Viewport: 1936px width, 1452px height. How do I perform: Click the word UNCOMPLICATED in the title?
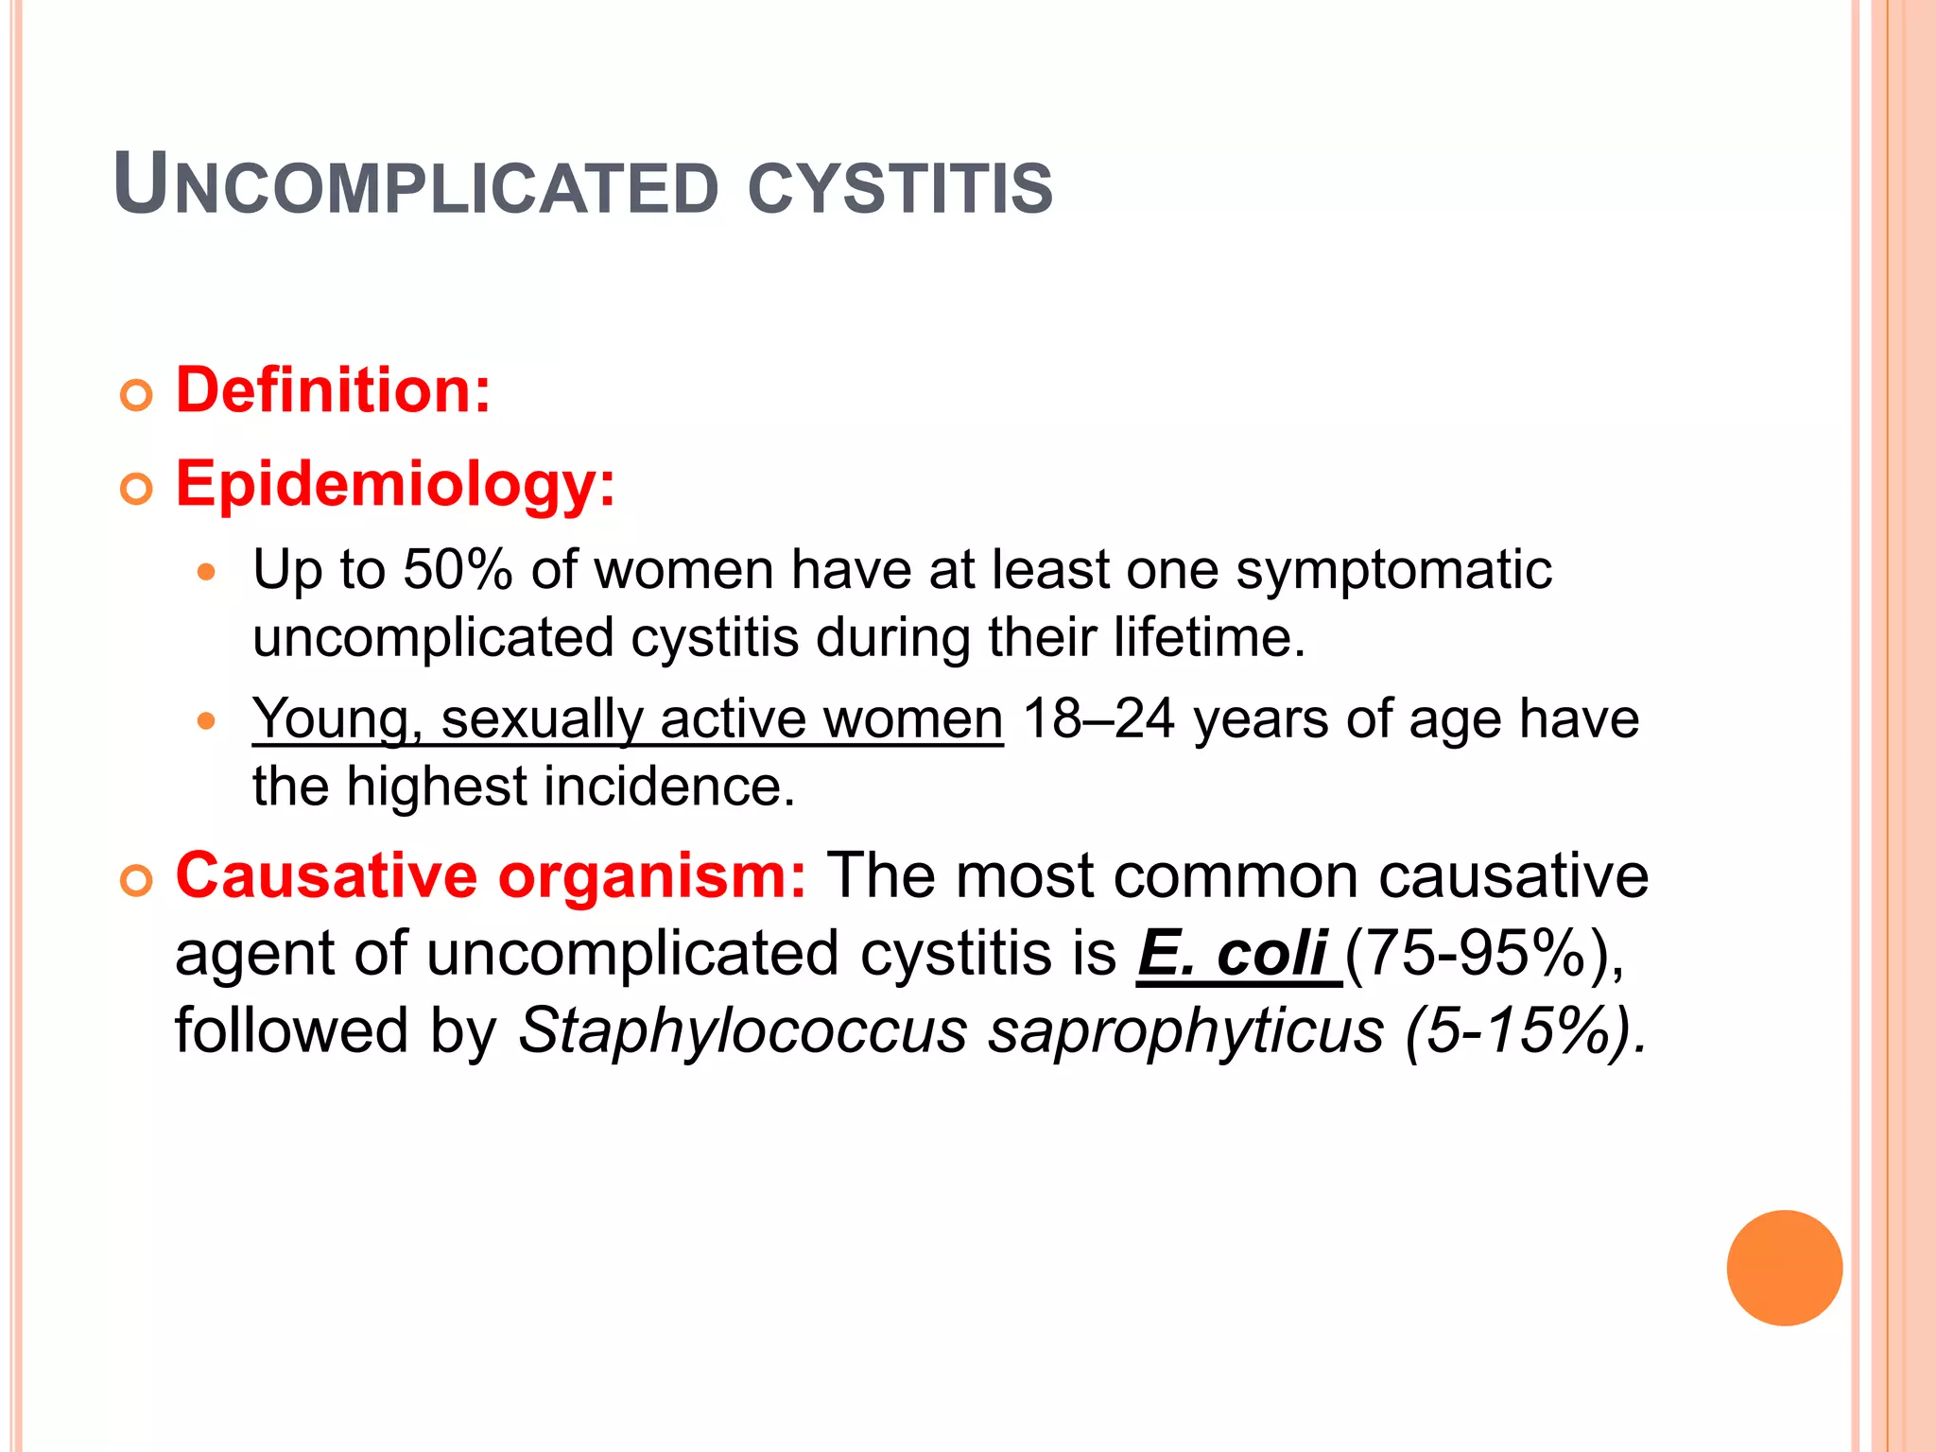click(416, 186)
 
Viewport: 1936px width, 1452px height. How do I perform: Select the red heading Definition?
click(333, 390)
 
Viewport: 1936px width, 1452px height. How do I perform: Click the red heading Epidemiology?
click(395, 485)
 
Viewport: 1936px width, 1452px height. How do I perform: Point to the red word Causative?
click(326, 875)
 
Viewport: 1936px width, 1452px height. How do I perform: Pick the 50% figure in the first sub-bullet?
click(458, 570)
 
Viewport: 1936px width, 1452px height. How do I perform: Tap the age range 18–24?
click(1098, 719)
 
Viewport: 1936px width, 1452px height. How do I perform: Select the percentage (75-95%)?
click(1482, 954)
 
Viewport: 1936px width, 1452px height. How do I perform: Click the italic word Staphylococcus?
click(743, 1030)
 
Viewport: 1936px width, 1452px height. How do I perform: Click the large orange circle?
click(1784, 1268)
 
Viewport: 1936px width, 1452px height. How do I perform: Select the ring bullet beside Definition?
click(136, 395)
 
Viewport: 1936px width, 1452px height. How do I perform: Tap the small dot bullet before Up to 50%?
click(207, 573)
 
